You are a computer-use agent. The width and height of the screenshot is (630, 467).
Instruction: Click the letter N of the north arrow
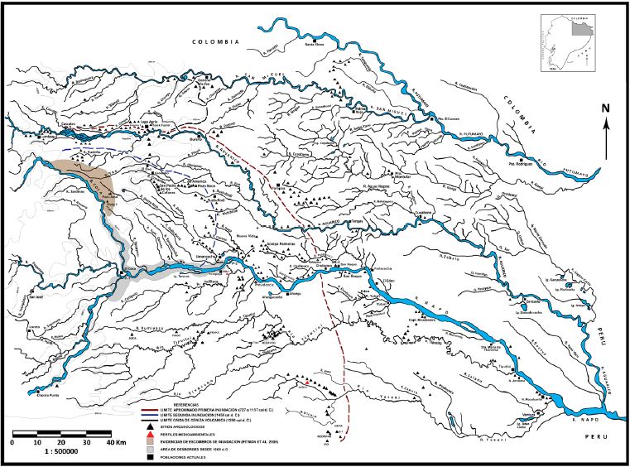click(606, 108)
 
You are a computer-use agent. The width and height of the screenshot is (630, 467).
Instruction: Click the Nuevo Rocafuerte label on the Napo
click(527, 398)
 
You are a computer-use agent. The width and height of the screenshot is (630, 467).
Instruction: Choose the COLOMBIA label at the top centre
click(215, 41)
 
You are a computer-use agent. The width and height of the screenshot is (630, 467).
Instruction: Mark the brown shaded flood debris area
click(94, 181)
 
